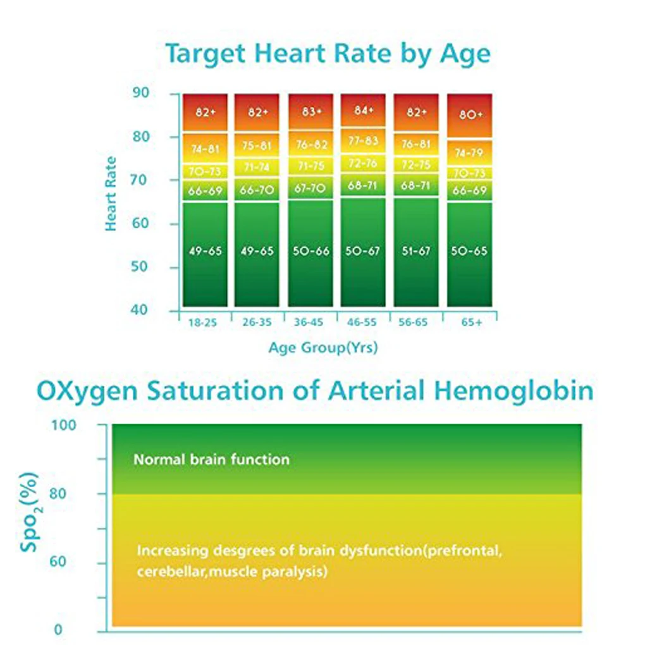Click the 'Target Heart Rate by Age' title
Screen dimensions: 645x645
point(328,54)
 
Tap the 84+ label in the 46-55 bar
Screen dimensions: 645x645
point(364,110)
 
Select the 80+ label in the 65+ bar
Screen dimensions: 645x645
point(470,114)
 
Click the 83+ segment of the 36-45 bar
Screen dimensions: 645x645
point(311,111)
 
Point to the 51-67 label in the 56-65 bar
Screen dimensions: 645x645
point(415,251)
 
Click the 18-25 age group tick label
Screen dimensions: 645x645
point(202,322)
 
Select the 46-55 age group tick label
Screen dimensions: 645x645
point(362,322)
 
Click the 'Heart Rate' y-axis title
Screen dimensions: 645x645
point(112,193)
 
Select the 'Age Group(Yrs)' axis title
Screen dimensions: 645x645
point(323,348)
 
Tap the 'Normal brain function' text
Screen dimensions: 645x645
point(211,460)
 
